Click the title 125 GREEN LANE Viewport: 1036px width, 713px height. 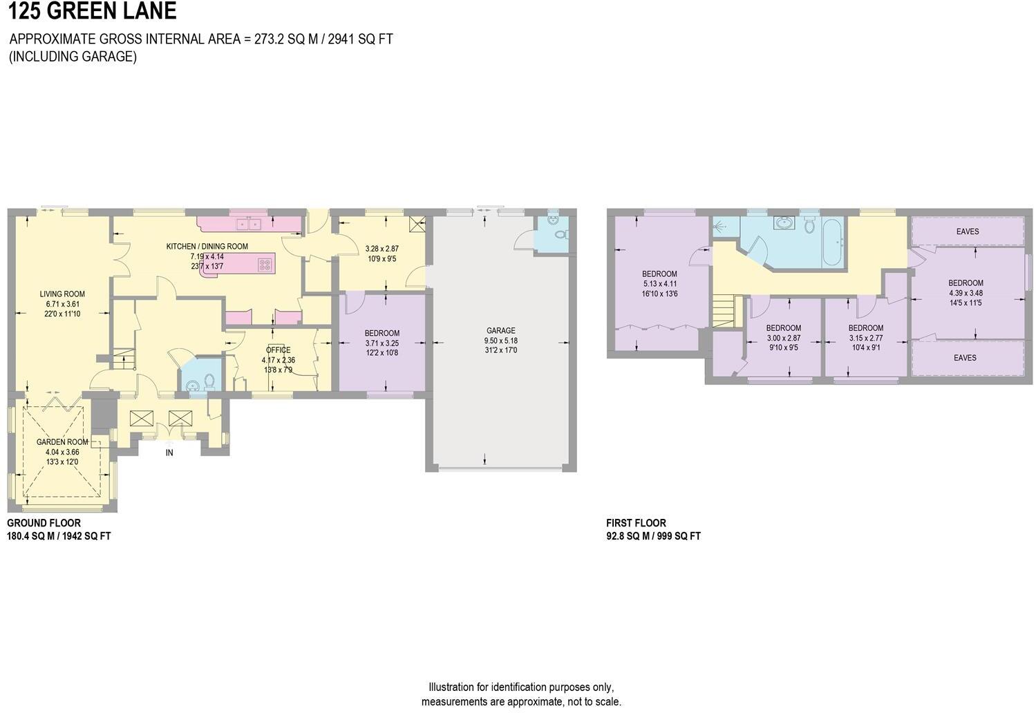pyautogui.click(x=92, y=12)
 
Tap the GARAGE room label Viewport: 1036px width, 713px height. pyautogui.click(x=500, y=331)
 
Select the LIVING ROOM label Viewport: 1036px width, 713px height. pyautogui.click(x=62, y=294)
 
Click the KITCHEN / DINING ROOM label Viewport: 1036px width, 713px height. pyautogui.click(x=207, y=247)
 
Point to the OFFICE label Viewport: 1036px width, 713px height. pyautogui.click(x=278, y=350)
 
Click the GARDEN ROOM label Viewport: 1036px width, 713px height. pyautogui.click(x=62, y=442)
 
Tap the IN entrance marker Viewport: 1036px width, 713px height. pyautogui.click(x=169, y=453)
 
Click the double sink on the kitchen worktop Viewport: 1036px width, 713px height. pyautogui.click(x=247, y=224)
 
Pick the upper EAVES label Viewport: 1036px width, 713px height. pyautogui.click(x=967, y=231)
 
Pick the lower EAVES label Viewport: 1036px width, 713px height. pyautogui.click(x=965, y=358)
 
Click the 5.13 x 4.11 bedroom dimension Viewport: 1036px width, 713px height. pyautogui.click(x=659, y=284)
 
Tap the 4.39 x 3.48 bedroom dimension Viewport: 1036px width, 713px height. pyautogui.click(x=966, y=293)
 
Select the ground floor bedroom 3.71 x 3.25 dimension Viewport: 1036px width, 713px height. pyautogui.click(x=382, y=343)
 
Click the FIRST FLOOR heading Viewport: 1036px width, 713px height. pyautogui.click(x=636, y=523)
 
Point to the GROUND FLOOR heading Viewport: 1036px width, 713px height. pyautogui.click(x=44, y=523)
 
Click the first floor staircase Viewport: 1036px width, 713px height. pyautogui.click(x=725, y=311)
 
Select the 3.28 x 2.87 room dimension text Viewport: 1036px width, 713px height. pyautogui.click(x=382, y=249)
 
